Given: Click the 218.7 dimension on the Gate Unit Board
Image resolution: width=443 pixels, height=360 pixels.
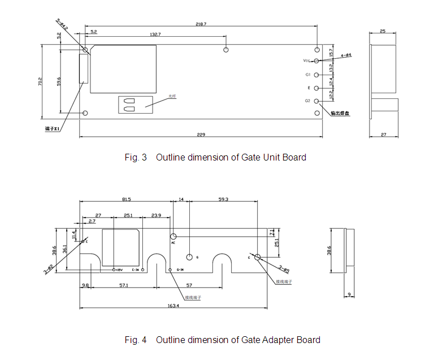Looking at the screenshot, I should click(x=201, y=24).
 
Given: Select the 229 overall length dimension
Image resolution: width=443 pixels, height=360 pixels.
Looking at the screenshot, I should click(x=201, y=134).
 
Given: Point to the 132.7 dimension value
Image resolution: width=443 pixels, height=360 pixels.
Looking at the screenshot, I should click(x=155, y=34).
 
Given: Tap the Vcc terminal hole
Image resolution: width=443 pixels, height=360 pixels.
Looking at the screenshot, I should click(x=316, y=60).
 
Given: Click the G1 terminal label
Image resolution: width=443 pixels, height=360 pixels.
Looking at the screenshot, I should click(x=308, y=75).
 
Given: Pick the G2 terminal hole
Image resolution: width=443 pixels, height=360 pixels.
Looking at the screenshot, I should click(x=316, y=101).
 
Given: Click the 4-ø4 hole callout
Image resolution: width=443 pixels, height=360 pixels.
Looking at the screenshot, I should click(x=346, y=55).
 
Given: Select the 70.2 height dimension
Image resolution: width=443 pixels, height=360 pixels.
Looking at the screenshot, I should click(x=40, y=81).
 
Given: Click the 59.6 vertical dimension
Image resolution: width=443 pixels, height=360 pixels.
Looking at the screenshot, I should click(x=59, y=83).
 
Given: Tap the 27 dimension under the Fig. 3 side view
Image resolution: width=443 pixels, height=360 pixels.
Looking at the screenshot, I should click(x=383, y=134).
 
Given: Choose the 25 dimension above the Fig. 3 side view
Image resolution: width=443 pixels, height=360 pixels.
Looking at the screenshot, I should click(x=383, y=32).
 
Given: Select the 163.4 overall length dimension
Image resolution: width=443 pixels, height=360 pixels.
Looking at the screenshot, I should click(x=173, y=306).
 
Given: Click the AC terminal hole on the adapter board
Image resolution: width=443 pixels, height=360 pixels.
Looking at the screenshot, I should click(x=173, y=235).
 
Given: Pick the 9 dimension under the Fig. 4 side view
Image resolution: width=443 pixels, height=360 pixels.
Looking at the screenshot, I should click(x=349, y=294).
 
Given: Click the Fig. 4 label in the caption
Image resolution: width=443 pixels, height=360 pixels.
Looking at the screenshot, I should click(x=136, y=340).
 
